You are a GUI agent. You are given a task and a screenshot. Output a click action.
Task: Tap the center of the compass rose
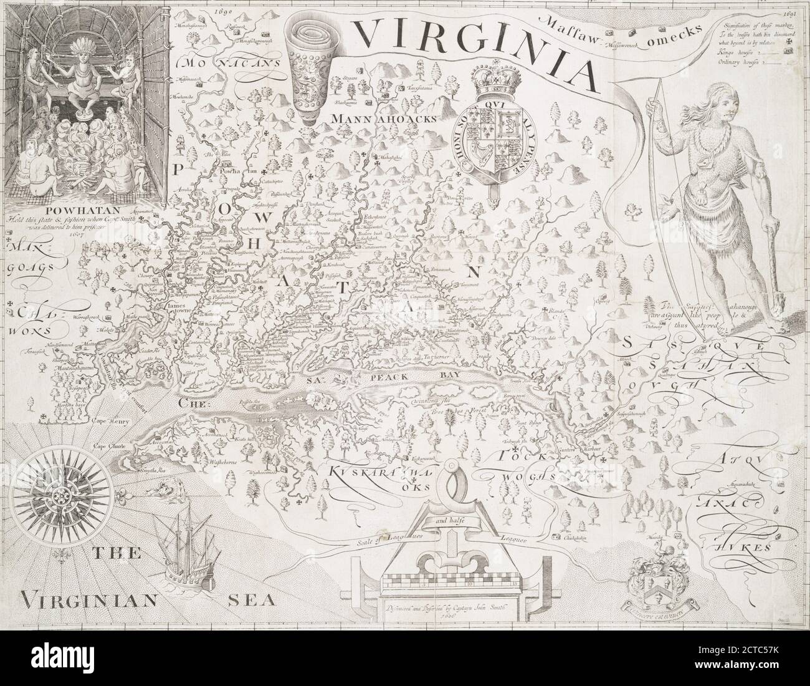(63, 496)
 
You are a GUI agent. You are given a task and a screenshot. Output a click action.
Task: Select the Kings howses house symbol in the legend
(789, 52)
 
